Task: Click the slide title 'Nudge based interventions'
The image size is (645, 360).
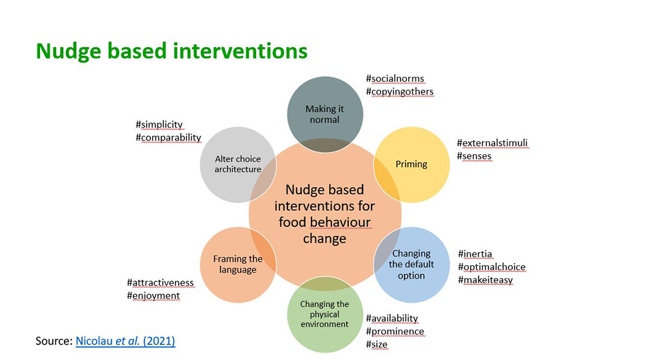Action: [x=172, y=52]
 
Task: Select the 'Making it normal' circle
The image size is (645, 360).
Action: [x=325, y=114]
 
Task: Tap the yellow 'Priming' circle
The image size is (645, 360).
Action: [x=412, y=165]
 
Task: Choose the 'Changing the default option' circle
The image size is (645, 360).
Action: [x=412, y=265]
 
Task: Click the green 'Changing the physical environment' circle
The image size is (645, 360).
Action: [x=325, y=314]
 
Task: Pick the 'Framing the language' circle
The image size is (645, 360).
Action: [x=238, y=265]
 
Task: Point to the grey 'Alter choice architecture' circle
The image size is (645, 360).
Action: [x=238, y=165]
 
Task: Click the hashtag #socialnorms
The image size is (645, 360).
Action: [x=395, y=79]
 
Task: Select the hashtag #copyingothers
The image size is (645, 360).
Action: [x=400, y=92]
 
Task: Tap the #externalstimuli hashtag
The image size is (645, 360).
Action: [x=492, y=143]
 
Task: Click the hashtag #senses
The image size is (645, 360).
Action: [x=474, y=156]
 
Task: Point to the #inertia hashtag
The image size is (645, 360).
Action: [x=475, y=254]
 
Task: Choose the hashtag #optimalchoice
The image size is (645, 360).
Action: [x=491, y=267]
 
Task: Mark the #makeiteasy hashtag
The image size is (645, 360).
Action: [x=486, y=280]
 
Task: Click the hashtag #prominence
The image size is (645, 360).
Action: [x=395, y=332]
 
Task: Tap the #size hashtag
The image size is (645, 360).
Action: [x=377, y=345]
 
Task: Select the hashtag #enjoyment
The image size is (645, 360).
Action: [x=153, y=296]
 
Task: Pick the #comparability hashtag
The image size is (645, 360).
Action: [x=168, y=137]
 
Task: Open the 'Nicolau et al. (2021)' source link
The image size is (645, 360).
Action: [x=126, y=341]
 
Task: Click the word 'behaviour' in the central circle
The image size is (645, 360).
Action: [x=340, y=222]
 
